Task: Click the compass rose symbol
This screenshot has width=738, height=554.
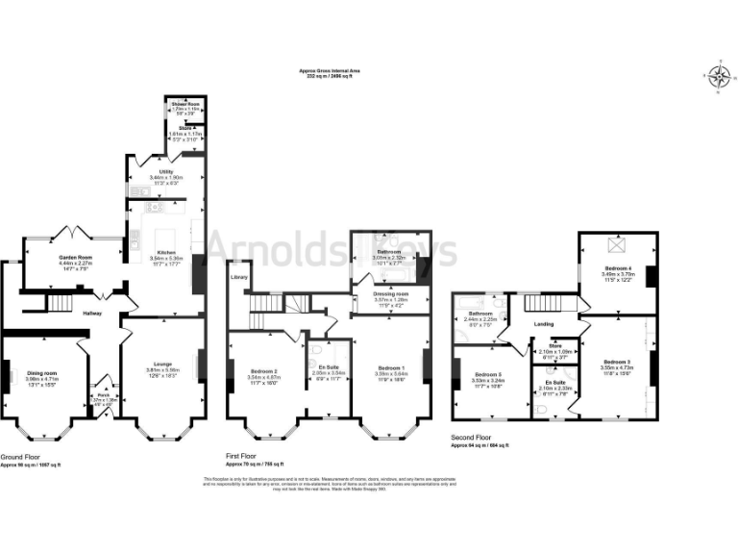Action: tap(716, 76)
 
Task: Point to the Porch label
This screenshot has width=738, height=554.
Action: tap(101, 394)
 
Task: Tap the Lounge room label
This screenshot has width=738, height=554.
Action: tap(161, 365)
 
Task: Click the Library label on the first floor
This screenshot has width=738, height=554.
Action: tap(239, 277)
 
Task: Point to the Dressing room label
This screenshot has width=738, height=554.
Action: tap(390, 293)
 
